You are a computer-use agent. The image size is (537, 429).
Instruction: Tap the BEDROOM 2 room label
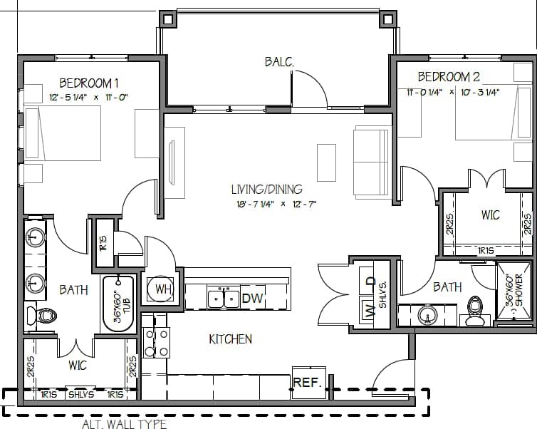tap(448, 77)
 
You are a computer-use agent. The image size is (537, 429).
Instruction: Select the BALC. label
tap(279, 62)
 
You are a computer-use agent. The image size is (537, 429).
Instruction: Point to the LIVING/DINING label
tap(266, 190)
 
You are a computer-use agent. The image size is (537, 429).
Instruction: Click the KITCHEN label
tap(230, 339)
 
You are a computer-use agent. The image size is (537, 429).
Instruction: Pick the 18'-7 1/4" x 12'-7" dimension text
tap(266, 204)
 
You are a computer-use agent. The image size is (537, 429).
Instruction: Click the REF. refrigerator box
tap(308, 383)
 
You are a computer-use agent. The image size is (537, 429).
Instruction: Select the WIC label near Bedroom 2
tap(490, 215)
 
